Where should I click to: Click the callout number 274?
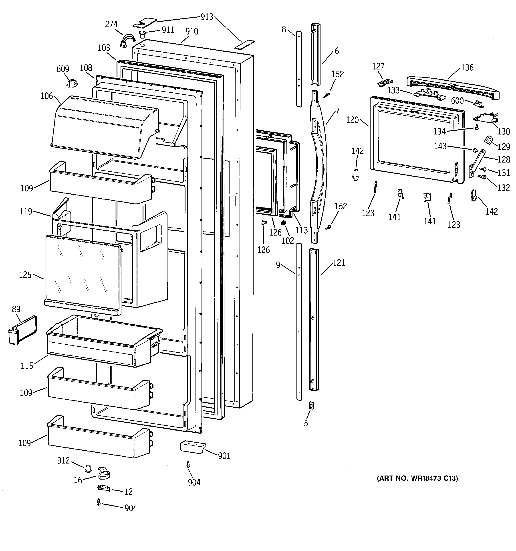[111, 24]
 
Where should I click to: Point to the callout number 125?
[25, 275]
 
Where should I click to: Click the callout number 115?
[27, 366]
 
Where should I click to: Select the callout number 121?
[339, 263]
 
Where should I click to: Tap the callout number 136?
[467, 68]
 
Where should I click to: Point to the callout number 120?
[352, 120]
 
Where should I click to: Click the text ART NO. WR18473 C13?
[417, 478]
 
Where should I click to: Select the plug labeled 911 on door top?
[142, 34]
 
